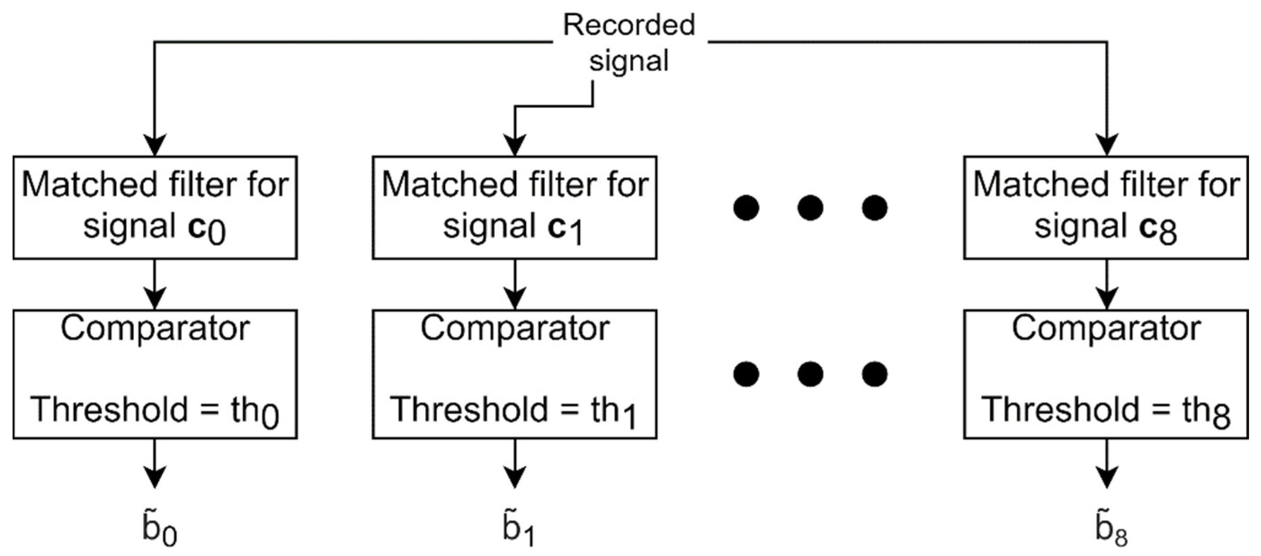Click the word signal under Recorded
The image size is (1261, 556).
628,61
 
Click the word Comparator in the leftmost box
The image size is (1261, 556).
155,328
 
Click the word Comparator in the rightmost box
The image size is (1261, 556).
1106,328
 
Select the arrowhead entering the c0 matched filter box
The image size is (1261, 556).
155,144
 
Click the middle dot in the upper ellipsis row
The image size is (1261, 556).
810,208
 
